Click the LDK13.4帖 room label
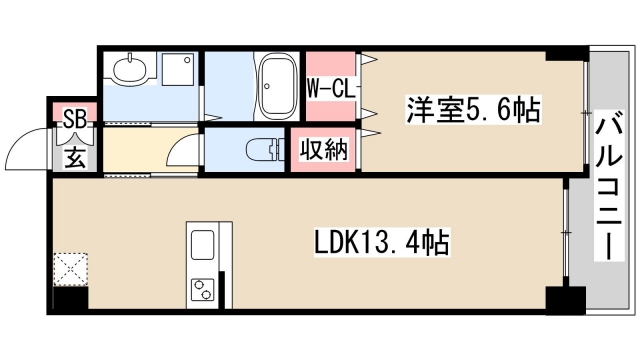point(382,242)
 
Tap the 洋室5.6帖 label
point(473,109)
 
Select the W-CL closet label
point(331,88)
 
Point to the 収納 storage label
point(324,149)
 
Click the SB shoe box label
point(75,120)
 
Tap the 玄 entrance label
point(76,157)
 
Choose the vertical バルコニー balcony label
point(609,186)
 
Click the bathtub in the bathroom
point(279,86)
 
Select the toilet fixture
point(265,149)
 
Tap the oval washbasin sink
point(130,69)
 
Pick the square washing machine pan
point(178,69)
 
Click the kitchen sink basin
point(202,244)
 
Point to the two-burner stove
point(202,290)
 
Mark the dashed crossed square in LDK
point(71,269)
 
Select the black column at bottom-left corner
point(70,298)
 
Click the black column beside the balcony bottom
point(566,299)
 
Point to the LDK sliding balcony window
point(565,232)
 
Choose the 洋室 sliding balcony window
point(586,113)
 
